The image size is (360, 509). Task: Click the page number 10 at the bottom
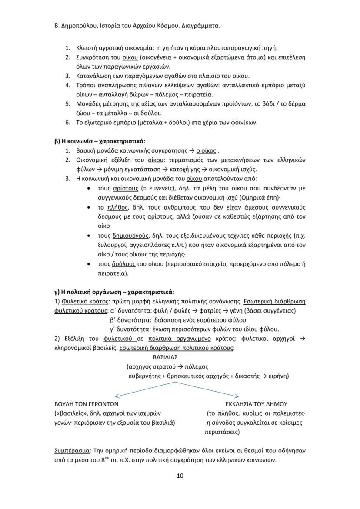180,476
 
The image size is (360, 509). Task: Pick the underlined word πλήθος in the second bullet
118,207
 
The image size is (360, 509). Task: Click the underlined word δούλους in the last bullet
123,264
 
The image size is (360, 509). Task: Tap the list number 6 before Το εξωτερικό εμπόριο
67,123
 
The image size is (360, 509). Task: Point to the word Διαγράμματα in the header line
201,26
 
